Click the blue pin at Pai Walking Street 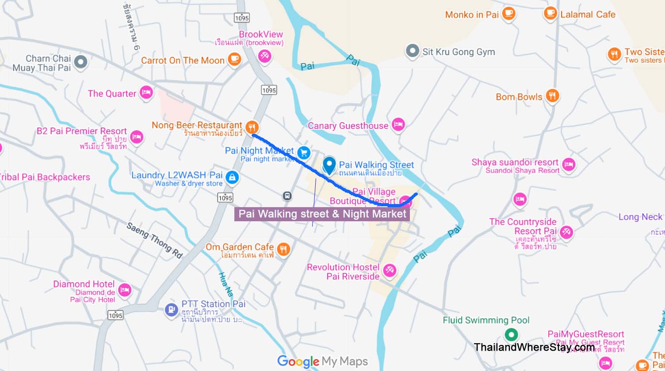point(329,166)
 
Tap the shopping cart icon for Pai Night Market point(303,153)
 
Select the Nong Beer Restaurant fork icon point(252,128)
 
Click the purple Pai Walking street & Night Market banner point(322,214)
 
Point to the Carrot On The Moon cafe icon point(234,59)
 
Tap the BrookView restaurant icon point(264,56)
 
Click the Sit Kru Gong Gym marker point(412,51)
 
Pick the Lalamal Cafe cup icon point(550,13)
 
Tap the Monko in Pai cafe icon point(508,13)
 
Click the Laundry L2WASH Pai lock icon point(232,178)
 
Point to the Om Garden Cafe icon point(283,249)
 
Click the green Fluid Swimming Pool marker point(511,334)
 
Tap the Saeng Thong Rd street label point(154,240)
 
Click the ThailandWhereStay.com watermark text point(534,347)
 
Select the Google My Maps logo point(322,361)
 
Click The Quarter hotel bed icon point(146,93)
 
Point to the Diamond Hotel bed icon point(125,290)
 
